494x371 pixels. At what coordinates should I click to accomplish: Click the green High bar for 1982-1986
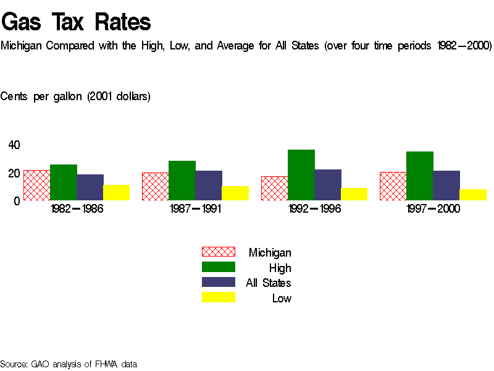(63, 182)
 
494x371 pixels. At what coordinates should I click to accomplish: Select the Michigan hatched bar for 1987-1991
(155, 187)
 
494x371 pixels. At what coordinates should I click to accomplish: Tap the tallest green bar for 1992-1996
(301, 175)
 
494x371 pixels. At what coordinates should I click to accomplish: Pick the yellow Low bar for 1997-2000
(473, 195)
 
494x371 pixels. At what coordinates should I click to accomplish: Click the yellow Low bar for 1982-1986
(116, 192)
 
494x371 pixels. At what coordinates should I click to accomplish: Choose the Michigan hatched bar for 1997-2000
(393, 186)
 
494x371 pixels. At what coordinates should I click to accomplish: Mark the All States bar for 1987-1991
(209, 185)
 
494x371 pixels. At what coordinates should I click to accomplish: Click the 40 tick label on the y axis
(14, 145)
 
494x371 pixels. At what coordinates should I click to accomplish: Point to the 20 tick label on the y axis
(14, 173)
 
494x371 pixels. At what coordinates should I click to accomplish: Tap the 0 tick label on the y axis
(17, 201)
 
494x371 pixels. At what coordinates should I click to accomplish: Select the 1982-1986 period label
(77, 209)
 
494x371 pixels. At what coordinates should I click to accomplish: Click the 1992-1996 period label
(314, 209)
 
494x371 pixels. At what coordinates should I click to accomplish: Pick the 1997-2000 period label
(433, 209)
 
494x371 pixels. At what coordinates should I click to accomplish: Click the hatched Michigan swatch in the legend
(219, 252)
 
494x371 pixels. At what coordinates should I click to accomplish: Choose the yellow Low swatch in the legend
(219, 297)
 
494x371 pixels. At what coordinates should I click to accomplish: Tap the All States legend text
(268, 283)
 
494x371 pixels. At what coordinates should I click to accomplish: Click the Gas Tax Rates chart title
(76, 22)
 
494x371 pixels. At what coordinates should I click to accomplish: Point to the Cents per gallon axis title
(75, 96)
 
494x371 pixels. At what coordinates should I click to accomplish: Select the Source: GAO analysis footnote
(68, 364)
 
